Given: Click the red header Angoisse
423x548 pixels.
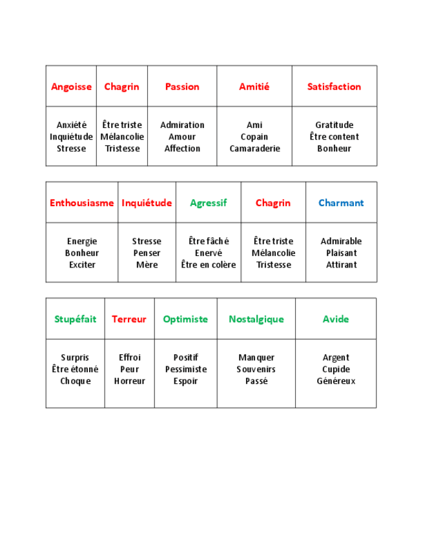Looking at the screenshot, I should [x=71, y=87].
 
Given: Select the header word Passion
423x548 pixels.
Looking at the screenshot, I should [x=182, y=87].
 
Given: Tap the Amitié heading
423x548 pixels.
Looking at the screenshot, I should [x=254, y=87].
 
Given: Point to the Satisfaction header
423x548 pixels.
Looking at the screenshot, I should [x=334, y=87].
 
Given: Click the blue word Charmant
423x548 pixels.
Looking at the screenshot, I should [x=341, y=203].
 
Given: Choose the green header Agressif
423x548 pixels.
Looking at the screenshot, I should [x=208, y=203].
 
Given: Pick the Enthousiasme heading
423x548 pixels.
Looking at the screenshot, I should [x=81, y=203].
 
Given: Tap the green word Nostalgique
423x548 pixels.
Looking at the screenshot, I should [x=256, y=319].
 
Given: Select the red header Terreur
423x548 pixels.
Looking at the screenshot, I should [x=129, y=319].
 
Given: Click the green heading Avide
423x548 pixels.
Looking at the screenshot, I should [x=336, y=319].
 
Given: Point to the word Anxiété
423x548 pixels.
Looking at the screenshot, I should [x=71, y=125].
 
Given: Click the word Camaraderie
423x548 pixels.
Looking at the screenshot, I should [x=254, y=149].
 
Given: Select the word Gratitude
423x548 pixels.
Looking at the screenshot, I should [x=334, y=125].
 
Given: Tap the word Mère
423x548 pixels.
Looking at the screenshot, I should [x=147, y=265].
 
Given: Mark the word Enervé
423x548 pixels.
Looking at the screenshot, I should [x=208, y=253].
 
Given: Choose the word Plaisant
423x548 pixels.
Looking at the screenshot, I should [x=341, y=253].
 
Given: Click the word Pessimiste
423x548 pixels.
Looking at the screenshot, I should [x=186, y=369].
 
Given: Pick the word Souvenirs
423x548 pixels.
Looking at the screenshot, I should [x=256, y=369].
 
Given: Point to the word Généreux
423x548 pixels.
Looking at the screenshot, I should [x=336, y=381].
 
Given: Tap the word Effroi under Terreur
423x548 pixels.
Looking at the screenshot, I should [x=129, y=357].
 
